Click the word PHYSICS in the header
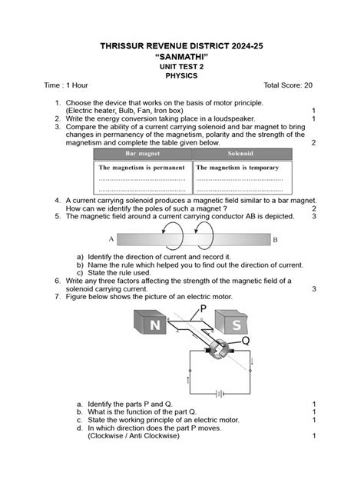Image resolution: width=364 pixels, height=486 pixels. [182, 76]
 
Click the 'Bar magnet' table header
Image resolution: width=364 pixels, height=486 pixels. [142, 155]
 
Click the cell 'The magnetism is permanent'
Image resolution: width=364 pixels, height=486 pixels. [142, 167]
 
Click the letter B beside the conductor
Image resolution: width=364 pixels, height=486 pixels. [275, 240]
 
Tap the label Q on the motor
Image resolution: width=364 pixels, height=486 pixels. [245, 340]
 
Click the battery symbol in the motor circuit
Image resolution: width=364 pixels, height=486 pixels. [220, 393]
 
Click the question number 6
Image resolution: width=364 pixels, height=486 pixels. [58, 281]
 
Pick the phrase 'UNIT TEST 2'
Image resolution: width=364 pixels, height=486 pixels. [182, 67]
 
